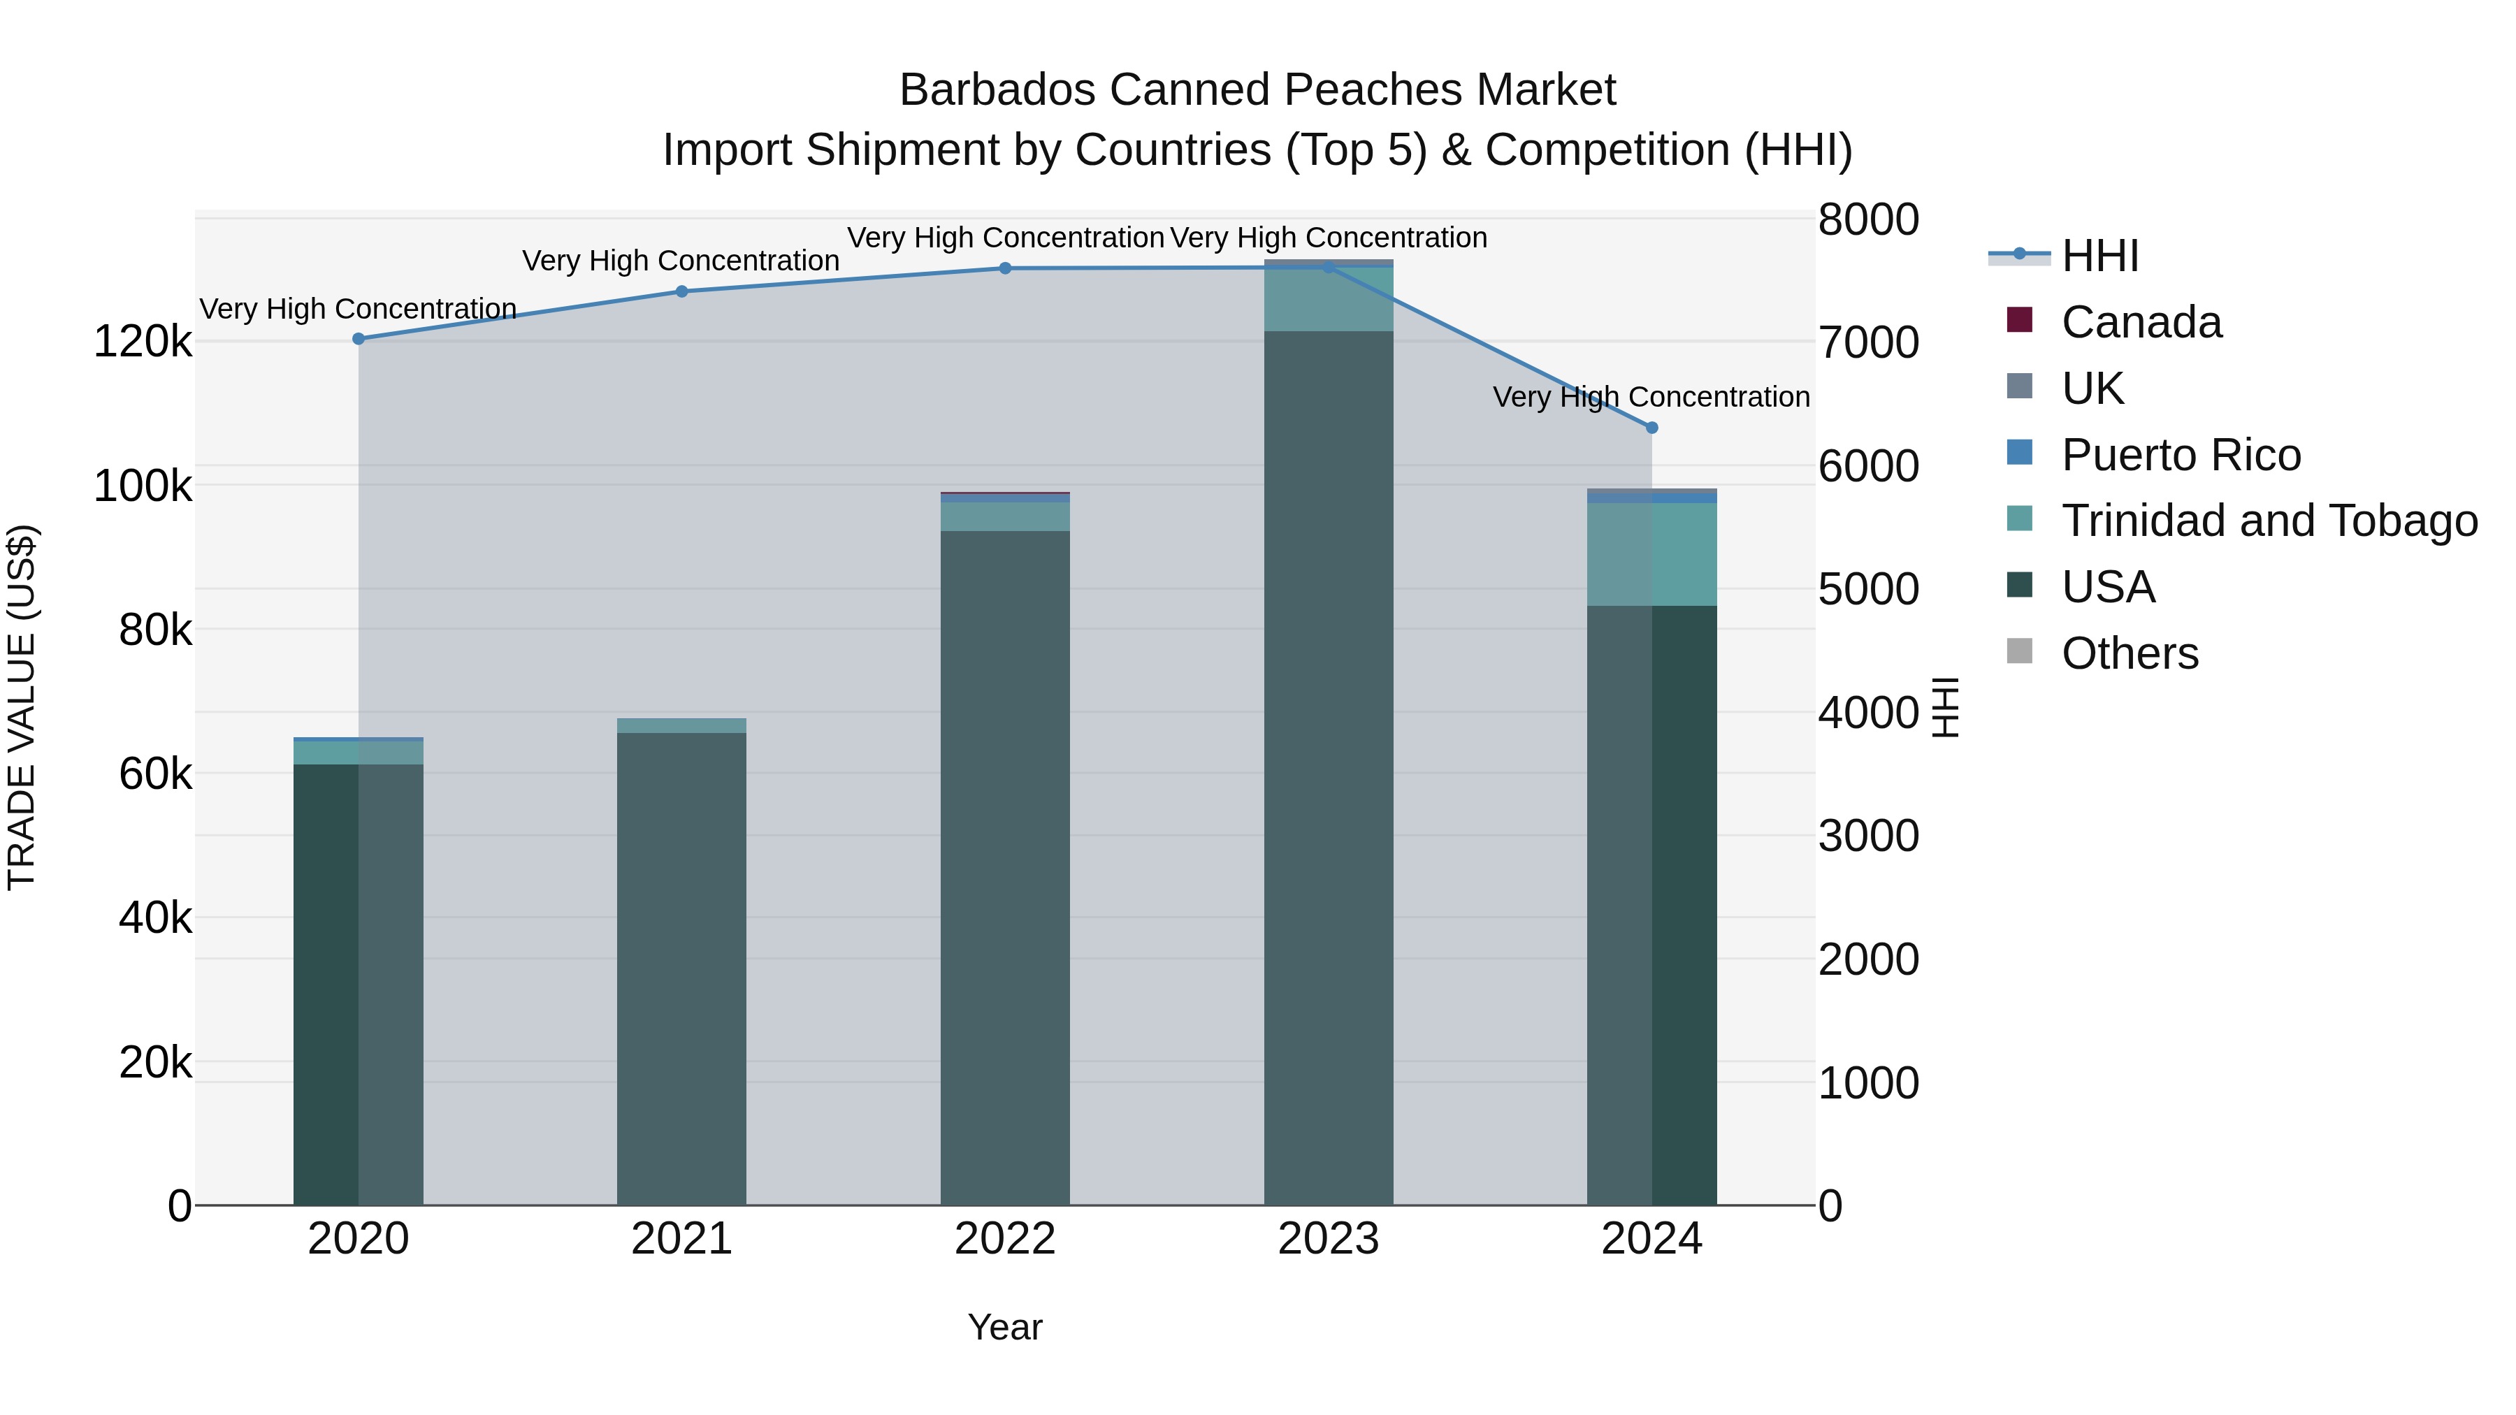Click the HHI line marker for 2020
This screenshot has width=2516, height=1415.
tap(359, 339)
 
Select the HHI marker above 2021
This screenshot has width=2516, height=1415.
tap(681, 291)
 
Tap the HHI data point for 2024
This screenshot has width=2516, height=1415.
tap(1651, 428)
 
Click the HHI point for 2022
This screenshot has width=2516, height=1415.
tap(1005, 268)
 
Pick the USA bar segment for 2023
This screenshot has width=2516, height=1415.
tap(1329, 767)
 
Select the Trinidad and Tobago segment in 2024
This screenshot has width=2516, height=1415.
tap(1651, 553)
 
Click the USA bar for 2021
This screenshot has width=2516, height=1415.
tap(681, 967)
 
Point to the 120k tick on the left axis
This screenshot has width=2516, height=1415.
tap(143, 342)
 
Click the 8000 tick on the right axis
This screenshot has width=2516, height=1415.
tap(1868, 219)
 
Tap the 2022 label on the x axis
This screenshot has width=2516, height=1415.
tap(1005, 1239)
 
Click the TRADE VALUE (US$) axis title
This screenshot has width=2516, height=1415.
tap(22, 707)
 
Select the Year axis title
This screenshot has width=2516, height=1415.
tap(1005, 1327)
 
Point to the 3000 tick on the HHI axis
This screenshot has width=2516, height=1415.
tap(1868, 836)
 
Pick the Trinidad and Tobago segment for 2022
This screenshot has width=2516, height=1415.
tap(1005, 516)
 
